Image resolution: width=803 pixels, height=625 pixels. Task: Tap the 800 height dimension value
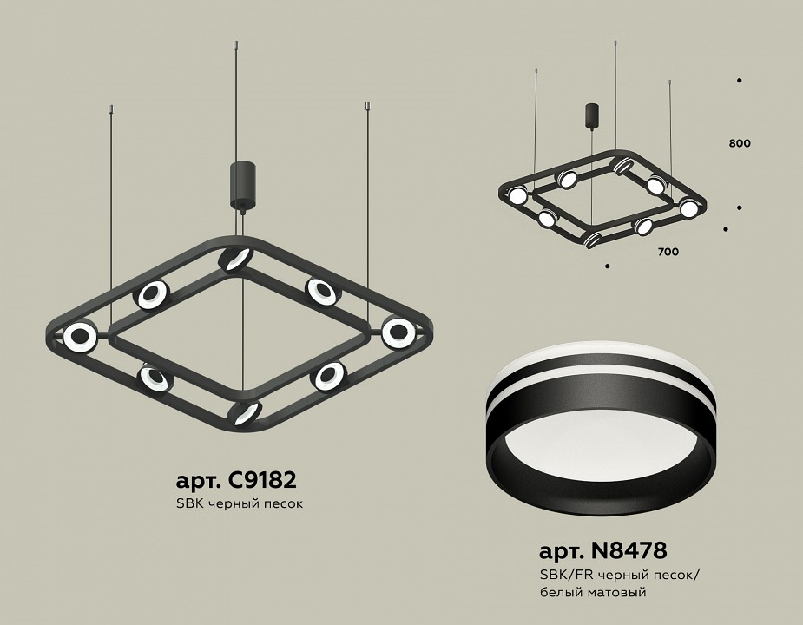pos(740,143)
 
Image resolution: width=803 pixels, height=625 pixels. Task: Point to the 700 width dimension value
pos(668,252)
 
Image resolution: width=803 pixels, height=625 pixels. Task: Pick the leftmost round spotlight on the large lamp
pos(79,336)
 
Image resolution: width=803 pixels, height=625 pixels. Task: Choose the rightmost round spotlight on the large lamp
pos(398,332)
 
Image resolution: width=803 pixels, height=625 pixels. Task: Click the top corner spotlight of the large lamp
pos(234,259)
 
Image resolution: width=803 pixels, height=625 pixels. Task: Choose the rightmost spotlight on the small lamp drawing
pos(689,208)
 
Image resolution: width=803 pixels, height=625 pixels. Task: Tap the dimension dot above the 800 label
pos(739,81)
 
